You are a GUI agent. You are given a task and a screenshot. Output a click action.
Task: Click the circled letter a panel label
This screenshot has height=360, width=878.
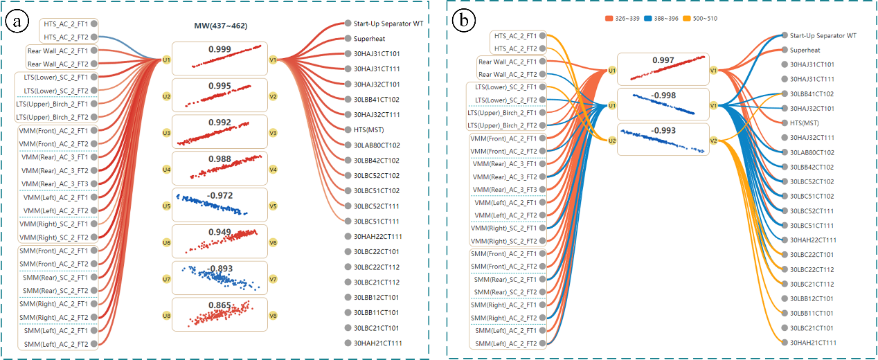pos(17,21)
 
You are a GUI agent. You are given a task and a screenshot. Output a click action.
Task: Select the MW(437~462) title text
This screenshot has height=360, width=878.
pos(222,26)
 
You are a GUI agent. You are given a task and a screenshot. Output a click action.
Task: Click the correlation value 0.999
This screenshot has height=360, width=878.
pos(222,49)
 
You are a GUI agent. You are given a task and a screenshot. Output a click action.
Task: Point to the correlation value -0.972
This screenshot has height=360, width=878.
pos(222,196)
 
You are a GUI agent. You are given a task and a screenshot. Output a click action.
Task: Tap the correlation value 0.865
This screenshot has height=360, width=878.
pos(222,305)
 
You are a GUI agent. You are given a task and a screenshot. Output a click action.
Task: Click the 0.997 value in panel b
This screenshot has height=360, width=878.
pos(663,61)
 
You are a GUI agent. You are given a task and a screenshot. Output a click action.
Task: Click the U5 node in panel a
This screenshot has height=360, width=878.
pos(166,206)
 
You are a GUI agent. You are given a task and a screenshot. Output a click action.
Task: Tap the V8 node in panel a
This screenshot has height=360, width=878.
pos(274,316)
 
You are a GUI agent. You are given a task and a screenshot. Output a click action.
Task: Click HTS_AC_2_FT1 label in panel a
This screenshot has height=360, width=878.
pos(65,23)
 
